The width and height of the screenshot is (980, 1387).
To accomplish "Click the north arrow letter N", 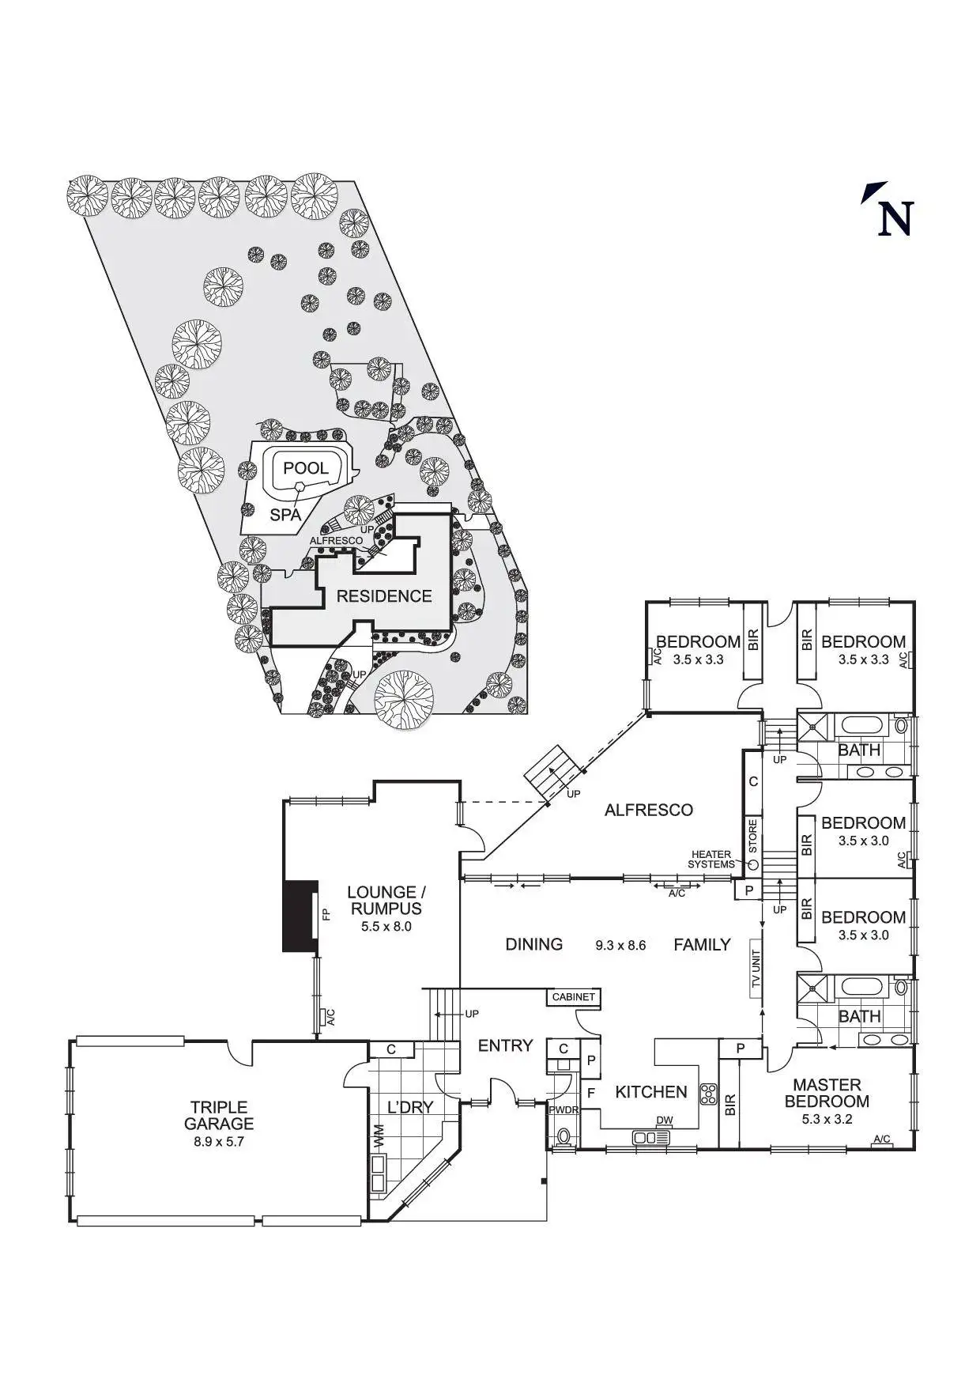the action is click(x=896, y=219).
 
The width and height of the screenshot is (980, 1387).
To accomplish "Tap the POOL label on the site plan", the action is click(x=306, y=468).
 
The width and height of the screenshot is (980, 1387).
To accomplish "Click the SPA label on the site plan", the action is click(x=285, y=515).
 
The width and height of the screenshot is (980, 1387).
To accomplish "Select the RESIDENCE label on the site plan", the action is click(x=384, y=596).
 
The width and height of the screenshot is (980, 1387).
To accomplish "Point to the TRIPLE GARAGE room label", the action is click(x=219, y=1115).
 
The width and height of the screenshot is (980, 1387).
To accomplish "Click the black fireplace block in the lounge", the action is click(x=300, y=916).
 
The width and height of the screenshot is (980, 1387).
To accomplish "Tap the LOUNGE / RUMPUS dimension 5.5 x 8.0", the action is click(x=386, y=926).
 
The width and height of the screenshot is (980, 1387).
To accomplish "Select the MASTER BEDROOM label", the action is click(x=827, y=1093).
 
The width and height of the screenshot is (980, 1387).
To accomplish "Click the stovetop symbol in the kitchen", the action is click(x=708, y=1093).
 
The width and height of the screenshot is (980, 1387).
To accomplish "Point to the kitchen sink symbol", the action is click(x=650, y=1138).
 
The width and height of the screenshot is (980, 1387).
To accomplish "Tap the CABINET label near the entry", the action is click(x=573, y=996).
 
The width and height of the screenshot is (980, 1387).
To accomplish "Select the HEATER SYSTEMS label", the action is click(x=711, y=860).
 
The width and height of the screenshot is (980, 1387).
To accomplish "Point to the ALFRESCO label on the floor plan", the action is click(x=649, y=810).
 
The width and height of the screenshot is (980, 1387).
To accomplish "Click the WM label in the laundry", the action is click(x=379, y=1136).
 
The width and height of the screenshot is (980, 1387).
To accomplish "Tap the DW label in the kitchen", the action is click(x=665, y=1121).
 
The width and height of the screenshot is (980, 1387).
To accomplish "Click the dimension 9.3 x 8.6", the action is click(x=620, y=945).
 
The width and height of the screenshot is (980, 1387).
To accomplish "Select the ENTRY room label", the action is click(x=506, y=1045).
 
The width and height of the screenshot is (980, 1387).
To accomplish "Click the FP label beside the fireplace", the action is click(x=325, y=914).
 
